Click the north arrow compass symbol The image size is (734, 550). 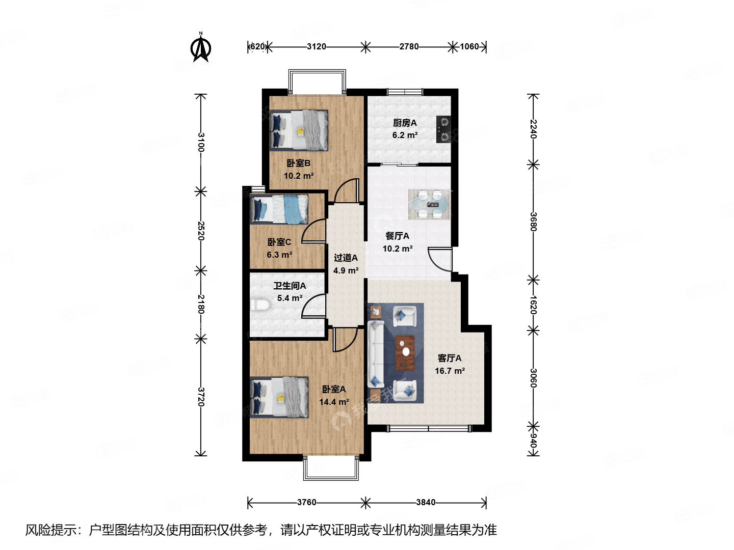click(201, 48)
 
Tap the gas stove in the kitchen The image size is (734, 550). click(444, 129)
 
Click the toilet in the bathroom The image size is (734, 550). click(260, 305)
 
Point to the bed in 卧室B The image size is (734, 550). click(299, 130)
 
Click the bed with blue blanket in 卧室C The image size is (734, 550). click(279, 209)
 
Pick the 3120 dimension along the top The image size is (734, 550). click(317, 47)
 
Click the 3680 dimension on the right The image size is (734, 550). click(533, 222)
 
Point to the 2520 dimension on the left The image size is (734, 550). click(201, 231)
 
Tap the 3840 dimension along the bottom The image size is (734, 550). click(426, 503)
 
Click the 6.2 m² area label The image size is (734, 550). click(405, 135)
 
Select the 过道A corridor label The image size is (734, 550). click(346, 258)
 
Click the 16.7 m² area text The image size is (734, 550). click(450, 371)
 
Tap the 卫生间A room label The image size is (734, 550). click(290, 286)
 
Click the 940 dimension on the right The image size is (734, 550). click(533, 441)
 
